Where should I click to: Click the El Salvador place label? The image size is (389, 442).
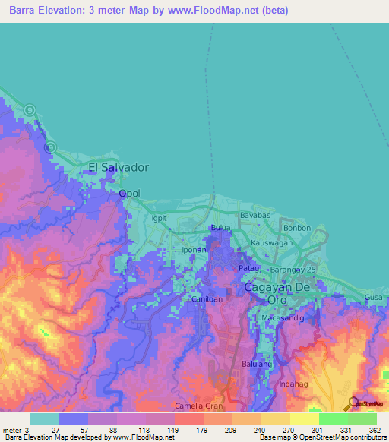[x=119, y=167]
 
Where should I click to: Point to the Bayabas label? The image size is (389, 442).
[x=255, y=216]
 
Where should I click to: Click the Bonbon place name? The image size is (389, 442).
[x=297, y=228]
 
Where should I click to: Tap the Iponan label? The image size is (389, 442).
[x=194, y=249]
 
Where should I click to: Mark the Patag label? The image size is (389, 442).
[x=249, y=269]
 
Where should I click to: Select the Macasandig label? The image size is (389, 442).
[x=283, y=318]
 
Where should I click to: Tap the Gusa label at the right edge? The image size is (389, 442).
[x=375, y=296]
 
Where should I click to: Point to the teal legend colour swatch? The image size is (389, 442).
[x=45, y=418]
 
